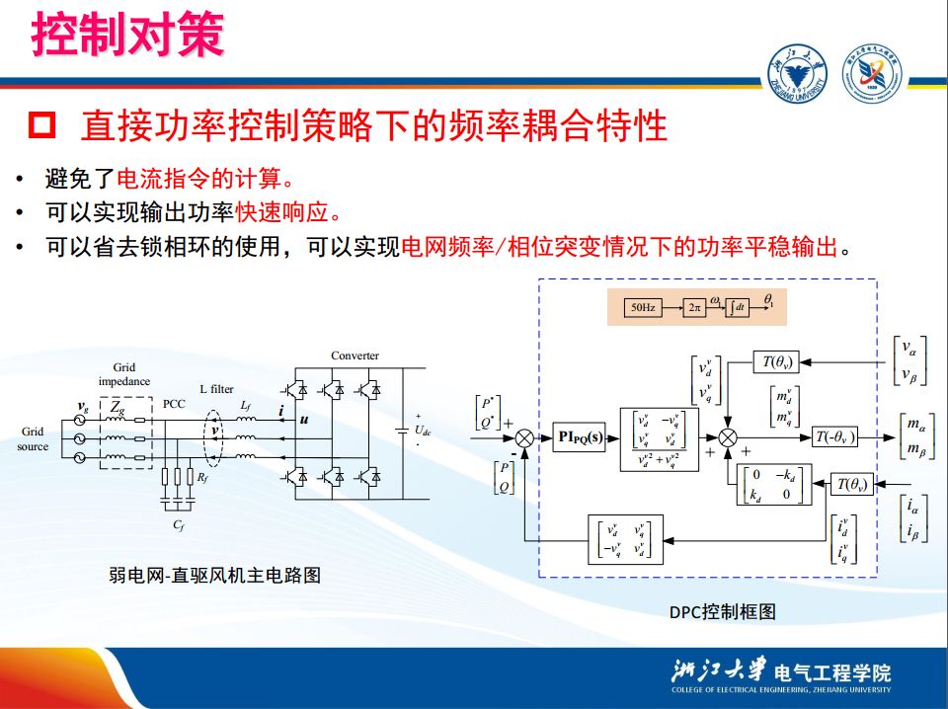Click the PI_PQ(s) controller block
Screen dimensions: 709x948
coord(580,434)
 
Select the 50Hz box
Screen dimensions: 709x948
coord(642,308)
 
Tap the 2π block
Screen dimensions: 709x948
coord(695,308)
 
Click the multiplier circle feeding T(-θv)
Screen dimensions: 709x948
coord(728,435)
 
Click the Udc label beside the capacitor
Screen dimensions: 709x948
coord(422,431)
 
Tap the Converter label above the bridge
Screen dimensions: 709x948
coord(355,355)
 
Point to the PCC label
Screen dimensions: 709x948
coord(174,404)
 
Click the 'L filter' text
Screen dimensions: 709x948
coord(217,389)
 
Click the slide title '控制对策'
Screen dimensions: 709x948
coord(127,36)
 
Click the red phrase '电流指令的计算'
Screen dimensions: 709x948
coord(200,180)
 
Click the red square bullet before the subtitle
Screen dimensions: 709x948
coord(42,125)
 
